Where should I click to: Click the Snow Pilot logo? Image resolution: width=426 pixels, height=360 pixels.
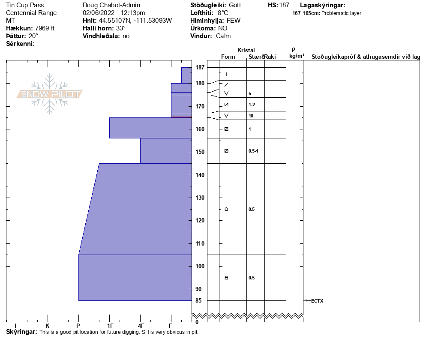click(x=49, y=94)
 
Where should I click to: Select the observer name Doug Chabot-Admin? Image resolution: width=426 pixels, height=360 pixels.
click(x=111, y=5)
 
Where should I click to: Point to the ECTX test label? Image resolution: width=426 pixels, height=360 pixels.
click(x=317, y=301)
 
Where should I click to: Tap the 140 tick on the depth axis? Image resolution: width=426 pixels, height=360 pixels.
click(x=200, y=175)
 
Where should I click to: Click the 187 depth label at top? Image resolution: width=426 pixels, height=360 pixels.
click(x=200, y=67)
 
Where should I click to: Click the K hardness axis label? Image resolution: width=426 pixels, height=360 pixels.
click(x=48, y=326)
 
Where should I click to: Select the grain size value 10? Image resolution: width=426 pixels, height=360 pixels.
click(x=251, y=116)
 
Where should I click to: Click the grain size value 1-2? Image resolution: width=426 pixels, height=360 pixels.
click(x=252, y=105)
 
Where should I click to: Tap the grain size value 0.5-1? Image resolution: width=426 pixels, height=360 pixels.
click(x=253, y=151)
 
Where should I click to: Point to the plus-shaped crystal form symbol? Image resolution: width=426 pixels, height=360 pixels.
click(x=226, y=74)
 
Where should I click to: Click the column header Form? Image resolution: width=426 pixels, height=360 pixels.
click(x=228, y=57)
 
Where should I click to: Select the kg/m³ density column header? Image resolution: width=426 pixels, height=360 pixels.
click(x=297, y=56)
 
